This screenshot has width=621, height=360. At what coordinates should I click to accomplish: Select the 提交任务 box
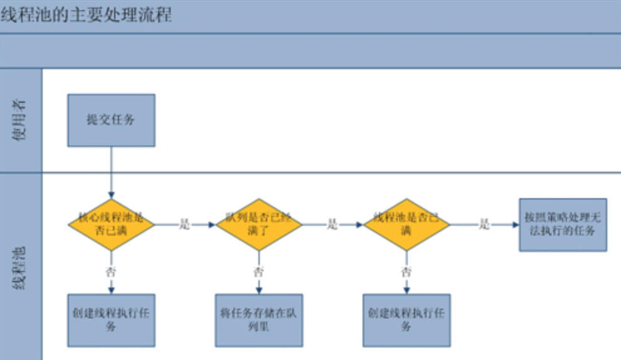pos(111,120)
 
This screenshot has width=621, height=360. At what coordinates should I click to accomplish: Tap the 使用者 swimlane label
pos(21,120)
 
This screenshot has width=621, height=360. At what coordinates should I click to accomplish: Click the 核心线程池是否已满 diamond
pos(111,224)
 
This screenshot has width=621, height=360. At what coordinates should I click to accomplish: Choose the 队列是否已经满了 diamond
pos(258,224)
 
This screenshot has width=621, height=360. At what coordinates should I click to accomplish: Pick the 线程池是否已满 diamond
pos(406,224)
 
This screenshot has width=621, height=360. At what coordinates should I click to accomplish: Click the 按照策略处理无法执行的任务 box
pos(563,225)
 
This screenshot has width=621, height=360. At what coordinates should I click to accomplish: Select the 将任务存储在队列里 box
pos(258,320)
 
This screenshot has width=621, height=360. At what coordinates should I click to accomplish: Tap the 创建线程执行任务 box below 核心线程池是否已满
pos(111,320)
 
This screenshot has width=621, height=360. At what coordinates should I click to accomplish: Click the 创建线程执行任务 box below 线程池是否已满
pos(406,320)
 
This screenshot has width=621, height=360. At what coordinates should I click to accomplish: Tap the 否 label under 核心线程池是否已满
pos(111,272)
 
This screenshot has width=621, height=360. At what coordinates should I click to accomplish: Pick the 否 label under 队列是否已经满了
pos(258,272)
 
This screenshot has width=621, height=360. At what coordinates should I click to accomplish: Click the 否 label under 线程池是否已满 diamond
pos(406,272)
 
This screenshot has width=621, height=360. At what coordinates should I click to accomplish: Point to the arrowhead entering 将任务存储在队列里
pos(258,290)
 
